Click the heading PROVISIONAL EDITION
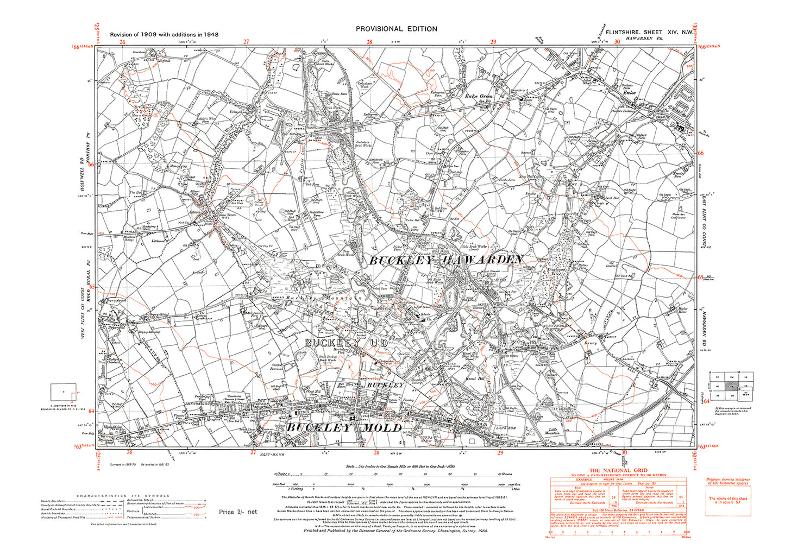tap(396, 29)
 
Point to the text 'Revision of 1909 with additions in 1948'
tap(164, 34)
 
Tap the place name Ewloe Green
tap(479, 96)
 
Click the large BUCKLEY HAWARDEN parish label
tap(446, 261)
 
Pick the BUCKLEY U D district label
tap(346, 343)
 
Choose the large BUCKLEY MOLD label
tap(344, 428)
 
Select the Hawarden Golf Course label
tap(679, 216)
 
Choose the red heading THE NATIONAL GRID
tap(618, 470)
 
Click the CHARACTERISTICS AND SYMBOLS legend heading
tap(123, 496)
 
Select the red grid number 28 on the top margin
tap(369, 42)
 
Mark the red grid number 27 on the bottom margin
tap(253, 452)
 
